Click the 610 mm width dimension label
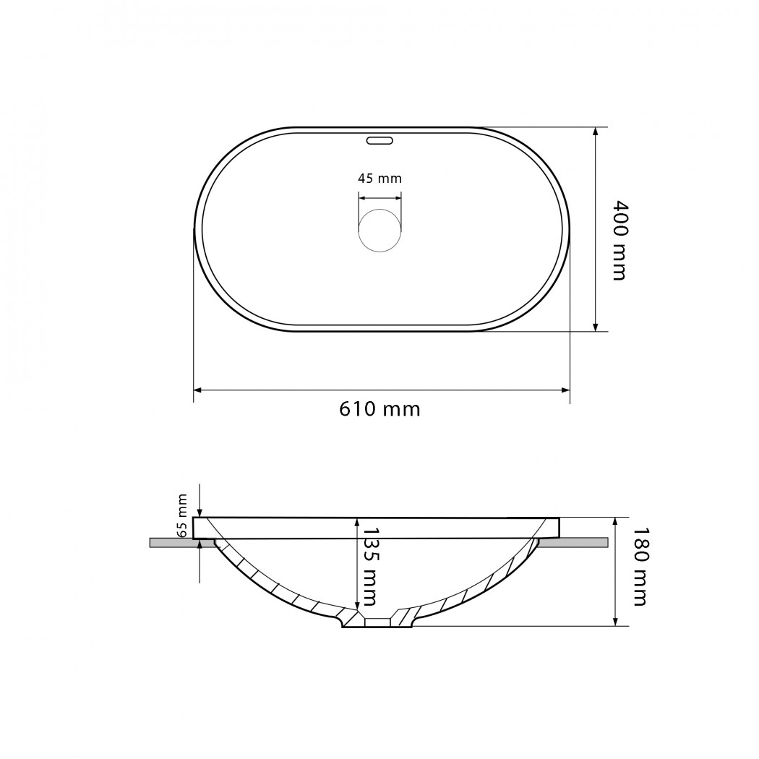pos(379,409)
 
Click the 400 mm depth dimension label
pos(619,240)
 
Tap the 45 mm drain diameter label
pos(380,179)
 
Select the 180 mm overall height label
pos(640,566)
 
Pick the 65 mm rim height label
pos(182,515)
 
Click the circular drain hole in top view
pos(380,231)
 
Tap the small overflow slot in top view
pos(379,141)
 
